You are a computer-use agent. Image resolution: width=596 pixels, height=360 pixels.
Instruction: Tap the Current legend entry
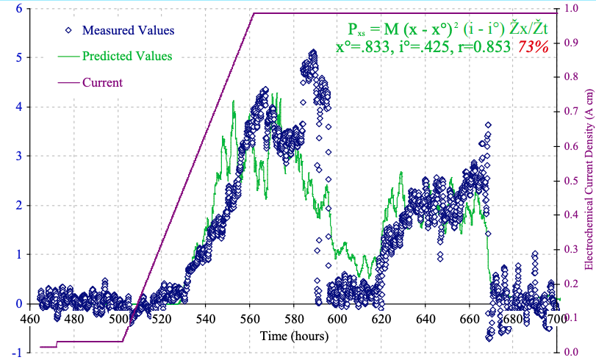(102, 82)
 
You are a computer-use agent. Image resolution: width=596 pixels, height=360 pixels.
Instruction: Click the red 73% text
(534, 47)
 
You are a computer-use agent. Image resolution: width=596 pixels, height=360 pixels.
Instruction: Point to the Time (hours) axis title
(294, 335)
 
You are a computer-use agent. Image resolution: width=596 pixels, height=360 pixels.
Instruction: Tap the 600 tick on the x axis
(337, 320)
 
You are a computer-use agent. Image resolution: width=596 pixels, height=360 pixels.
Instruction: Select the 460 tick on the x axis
(30, 320)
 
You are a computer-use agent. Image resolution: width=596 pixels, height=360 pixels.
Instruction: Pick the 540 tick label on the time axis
(205, 320)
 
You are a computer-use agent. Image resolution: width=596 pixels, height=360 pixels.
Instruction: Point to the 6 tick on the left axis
(17, 8)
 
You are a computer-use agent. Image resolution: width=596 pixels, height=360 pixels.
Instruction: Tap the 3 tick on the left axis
(17, 156)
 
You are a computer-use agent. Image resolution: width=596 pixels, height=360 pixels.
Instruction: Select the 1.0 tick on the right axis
(571, 8)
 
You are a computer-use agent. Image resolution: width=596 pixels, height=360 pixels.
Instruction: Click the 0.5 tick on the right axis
(571, 180)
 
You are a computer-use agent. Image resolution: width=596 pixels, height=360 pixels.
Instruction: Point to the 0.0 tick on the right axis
(571, 352)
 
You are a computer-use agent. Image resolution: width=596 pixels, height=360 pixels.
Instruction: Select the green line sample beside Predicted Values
(69, 56)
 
